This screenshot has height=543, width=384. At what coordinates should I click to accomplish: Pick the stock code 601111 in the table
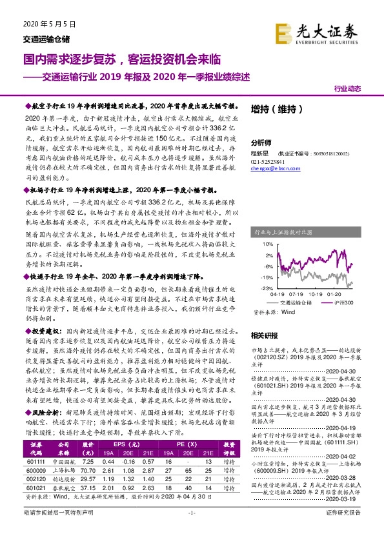click(36, 462)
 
